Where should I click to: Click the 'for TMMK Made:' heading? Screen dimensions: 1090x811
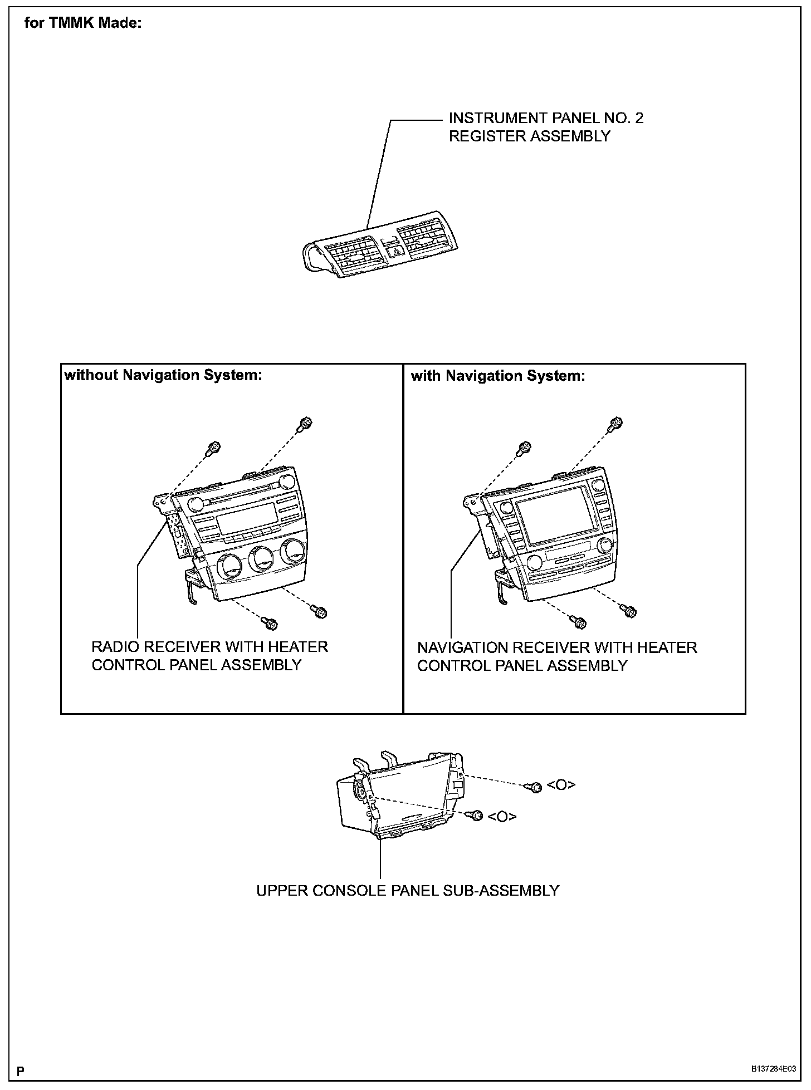[84, 24]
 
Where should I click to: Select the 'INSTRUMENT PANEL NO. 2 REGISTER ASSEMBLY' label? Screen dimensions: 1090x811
[546, 127]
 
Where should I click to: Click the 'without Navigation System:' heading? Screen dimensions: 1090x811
[163, 375]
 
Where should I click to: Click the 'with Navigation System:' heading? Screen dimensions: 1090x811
[498, 376]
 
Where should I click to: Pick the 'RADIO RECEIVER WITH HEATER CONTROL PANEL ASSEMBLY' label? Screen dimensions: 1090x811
[209, 656]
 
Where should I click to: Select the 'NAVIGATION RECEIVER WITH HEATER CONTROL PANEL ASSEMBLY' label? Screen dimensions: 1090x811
[557, 656]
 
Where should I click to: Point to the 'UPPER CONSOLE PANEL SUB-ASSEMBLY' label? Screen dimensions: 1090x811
[407, 890]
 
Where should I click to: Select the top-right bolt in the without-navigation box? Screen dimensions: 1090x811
[305, 423]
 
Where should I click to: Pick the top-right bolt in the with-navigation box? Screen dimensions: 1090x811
[615, 423]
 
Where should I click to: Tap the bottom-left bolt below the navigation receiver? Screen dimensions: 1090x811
[579, 621]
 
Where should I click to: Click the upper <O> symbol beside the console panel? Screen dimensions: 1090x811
[561, 785]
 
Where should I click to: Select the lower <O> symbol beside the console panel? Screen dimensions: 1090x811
[502, 816]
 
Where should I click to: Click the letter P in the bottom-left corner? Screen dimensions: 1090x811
[21, 1070]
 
